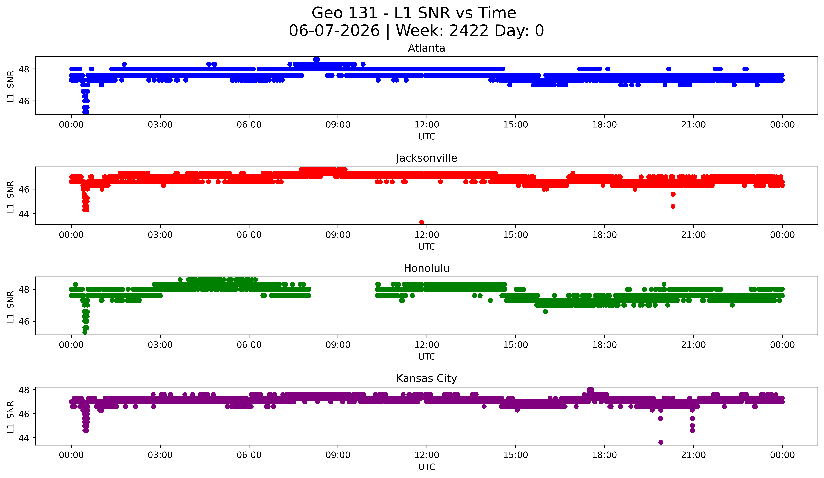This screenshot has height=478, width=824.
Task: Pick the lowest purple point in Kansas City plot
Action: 660,442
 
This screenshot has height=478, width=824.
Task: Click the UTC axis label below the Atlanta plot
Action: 427,137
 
